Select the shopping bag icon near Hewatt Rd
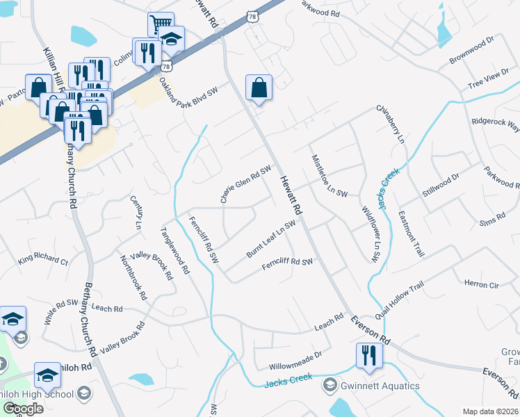click(259, 88)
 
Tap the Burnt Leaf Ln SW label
click(271, 240)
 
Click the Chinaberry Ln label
click(390, 124)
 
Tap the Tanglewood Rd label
click(174, 252)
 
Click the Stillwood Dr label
click(441, 186)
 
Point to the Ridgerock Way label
click(495, 124)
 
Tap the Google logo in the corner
click(22, 408)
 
